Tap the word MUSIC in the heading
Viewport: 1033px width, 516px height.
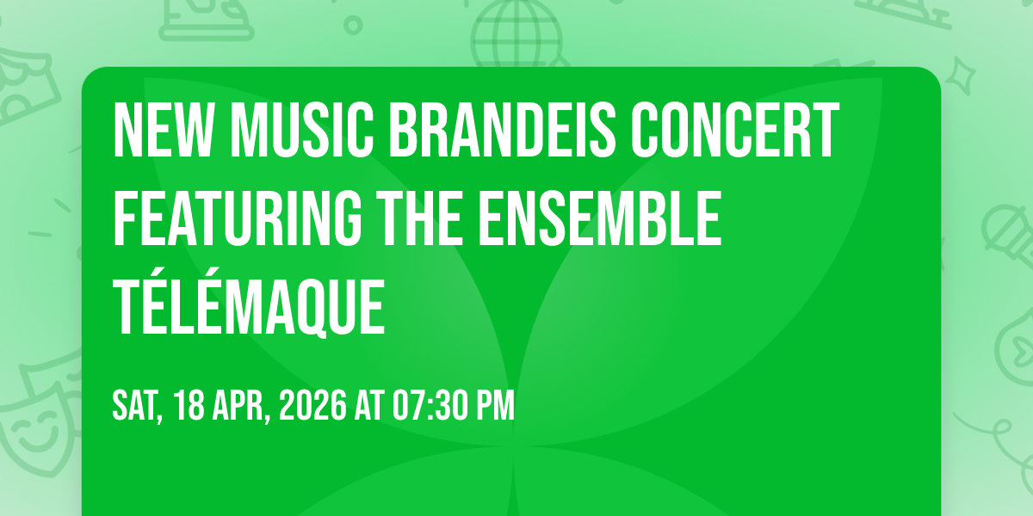point(302,130)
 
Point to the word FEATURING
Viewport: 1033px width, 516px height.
point(237,218)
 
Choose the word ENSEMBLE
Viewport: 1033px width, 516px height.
point(599,218)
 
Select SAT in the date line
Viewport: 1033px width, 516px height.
point(138,406)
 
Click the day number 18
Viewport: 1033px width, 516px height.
point(189,405)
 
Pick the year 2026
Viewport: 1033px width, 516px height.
point(312,405)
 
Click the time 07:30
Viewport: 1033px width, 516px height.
point(429,405)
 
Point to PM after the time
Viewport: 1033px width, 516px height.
point(495,405)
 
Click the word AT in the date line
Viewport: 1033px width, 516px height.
point(369,405)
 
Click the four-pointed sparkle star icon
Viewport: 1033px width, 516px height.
point(960,76)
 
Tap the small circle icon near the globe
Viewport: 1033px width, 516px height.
point(353,25)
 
